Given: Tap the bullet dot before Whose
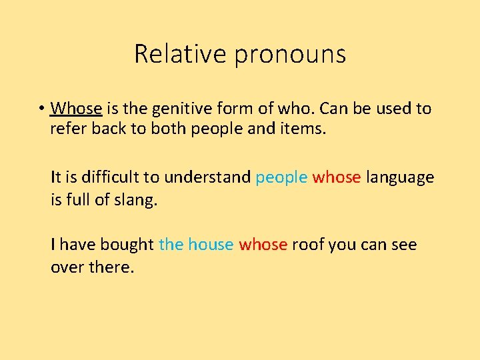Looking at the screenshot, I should coord(41,109).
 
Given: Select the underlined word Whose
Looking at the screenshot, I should coord(76,108).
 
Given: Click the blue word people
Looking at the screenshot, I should coord(281,178).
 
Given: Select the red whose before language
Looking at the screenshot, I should coord(337,177).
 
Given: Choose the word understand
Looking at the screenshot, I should coord(207,177).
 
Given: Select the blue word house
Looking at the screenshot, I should coord(211,245).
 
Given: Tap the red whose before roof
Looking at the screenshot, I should coord(263,245).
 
